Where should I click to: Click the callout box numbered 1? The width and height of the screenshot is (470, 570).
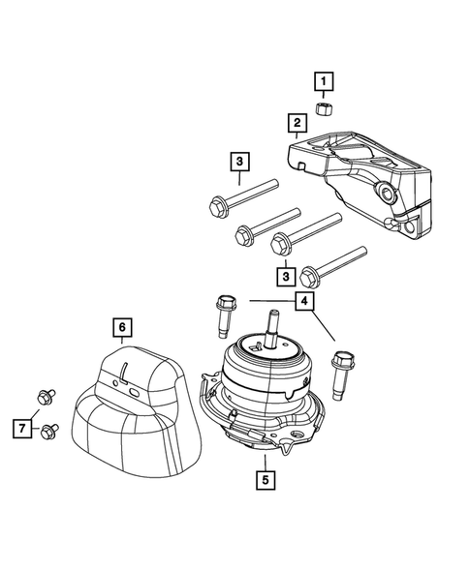point(324,81)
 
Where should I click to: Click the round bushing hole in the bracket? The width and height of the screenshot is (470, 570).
point(389,196)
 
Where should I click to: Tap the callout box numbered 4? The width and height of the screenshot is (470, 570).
point(305,302)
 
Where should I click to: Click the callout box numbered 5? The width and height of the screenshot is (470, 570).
point(265,478)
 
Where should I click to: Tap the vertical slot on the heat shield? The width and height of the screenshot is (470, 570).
point(127,372)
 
